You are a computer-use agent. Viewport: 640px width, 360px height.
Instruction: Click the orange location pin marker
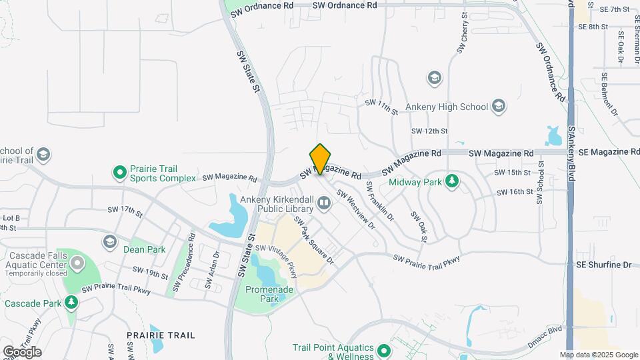click(321, 159)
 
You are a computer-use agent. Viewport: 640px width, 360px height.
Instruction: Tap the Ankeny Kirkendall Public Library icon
click(324, 202)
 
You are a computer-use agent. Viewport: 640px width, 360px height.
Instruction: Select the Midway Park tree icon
click(452, 181)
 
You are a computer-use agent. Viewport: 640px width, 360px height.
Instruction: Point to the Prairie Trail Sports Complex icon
click(120, 173)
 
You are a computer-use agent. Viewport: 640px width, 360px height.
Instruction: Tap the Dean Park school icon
click(109, 241)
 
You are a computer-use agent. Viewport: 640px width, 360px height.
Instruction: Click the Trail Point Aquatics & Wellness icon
click(383, 350)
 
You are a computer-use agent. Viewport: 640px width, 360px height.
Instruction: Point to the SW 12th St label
click(429, 131)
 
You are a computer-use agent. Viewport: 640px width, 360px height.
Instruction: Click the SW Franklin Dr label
click(379, 202)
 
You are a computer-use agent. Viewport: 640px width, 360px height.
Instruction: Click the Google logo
click(22, 351)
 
